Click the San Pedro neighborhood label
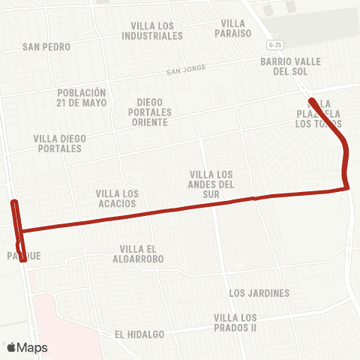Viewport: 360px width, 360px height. point(46,46)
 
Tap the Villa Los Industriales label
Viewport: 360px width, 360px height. point(152,30)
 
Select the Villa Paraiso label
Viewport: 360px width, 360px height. point(233,28)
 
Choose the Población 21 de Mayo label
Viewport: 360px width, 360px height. point(82,98)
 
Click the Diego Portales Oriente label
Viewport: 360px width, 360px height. point(154,112)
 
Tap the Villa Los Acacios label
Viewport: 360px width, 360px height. point(118,198)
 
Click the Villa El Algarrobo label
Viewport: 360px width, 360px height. point(142,253)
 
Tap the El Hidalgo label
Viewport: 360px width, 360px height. point(139,334)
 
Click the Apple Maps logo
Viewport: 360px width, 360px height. point(26,347)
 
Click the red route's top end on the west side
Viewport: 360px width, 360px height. point(13,202)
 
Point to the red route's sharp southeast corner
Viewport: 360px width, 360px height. point(348,188)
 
